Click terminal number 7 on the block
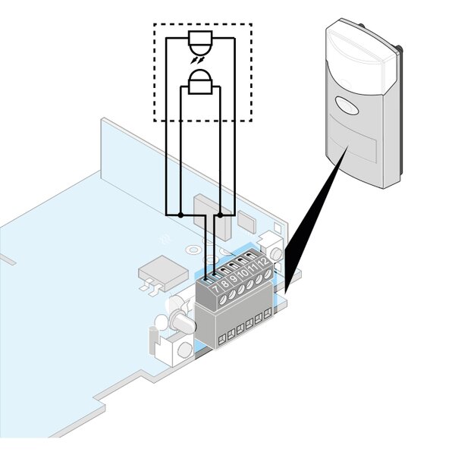[x=215, y=289]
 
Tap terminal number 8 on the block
[x=224, y=285]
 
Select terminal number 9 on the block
[x=234, y=281]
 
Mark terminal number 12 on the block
[x=263, y=268]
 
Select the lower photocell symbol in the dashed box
[x=200, y=81]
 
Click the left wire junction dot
[x=180, y=215]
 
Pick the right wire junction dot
[x=220, y=215]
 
